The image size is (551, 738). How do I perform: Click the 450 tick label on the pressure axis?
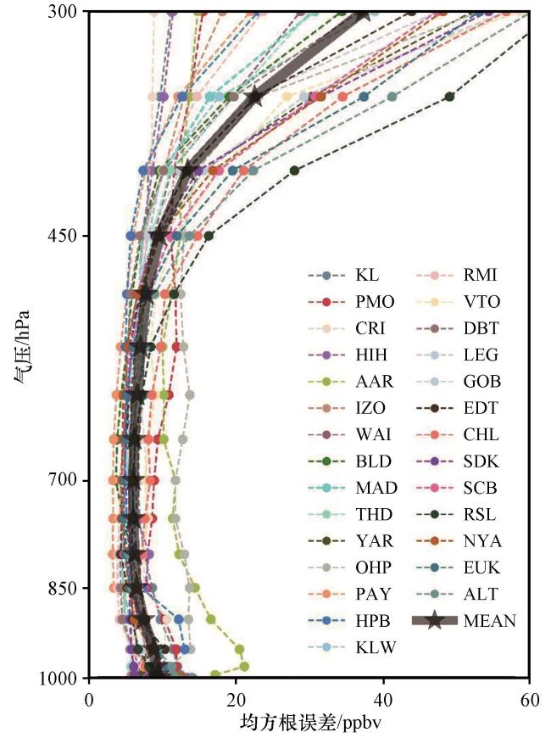62,236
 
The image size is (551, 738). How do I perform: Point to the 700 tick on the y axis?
62,480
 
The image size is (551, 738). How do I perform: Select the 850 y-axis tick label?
62,588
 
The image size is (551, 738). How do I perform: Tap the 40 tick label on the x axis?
383,700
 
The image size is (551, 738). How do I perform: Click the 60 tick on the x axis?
530,700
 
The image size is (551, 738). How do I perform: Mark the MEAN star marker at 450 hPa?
159,235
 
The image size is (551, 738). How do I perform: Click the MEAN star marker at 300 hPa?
364,14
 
